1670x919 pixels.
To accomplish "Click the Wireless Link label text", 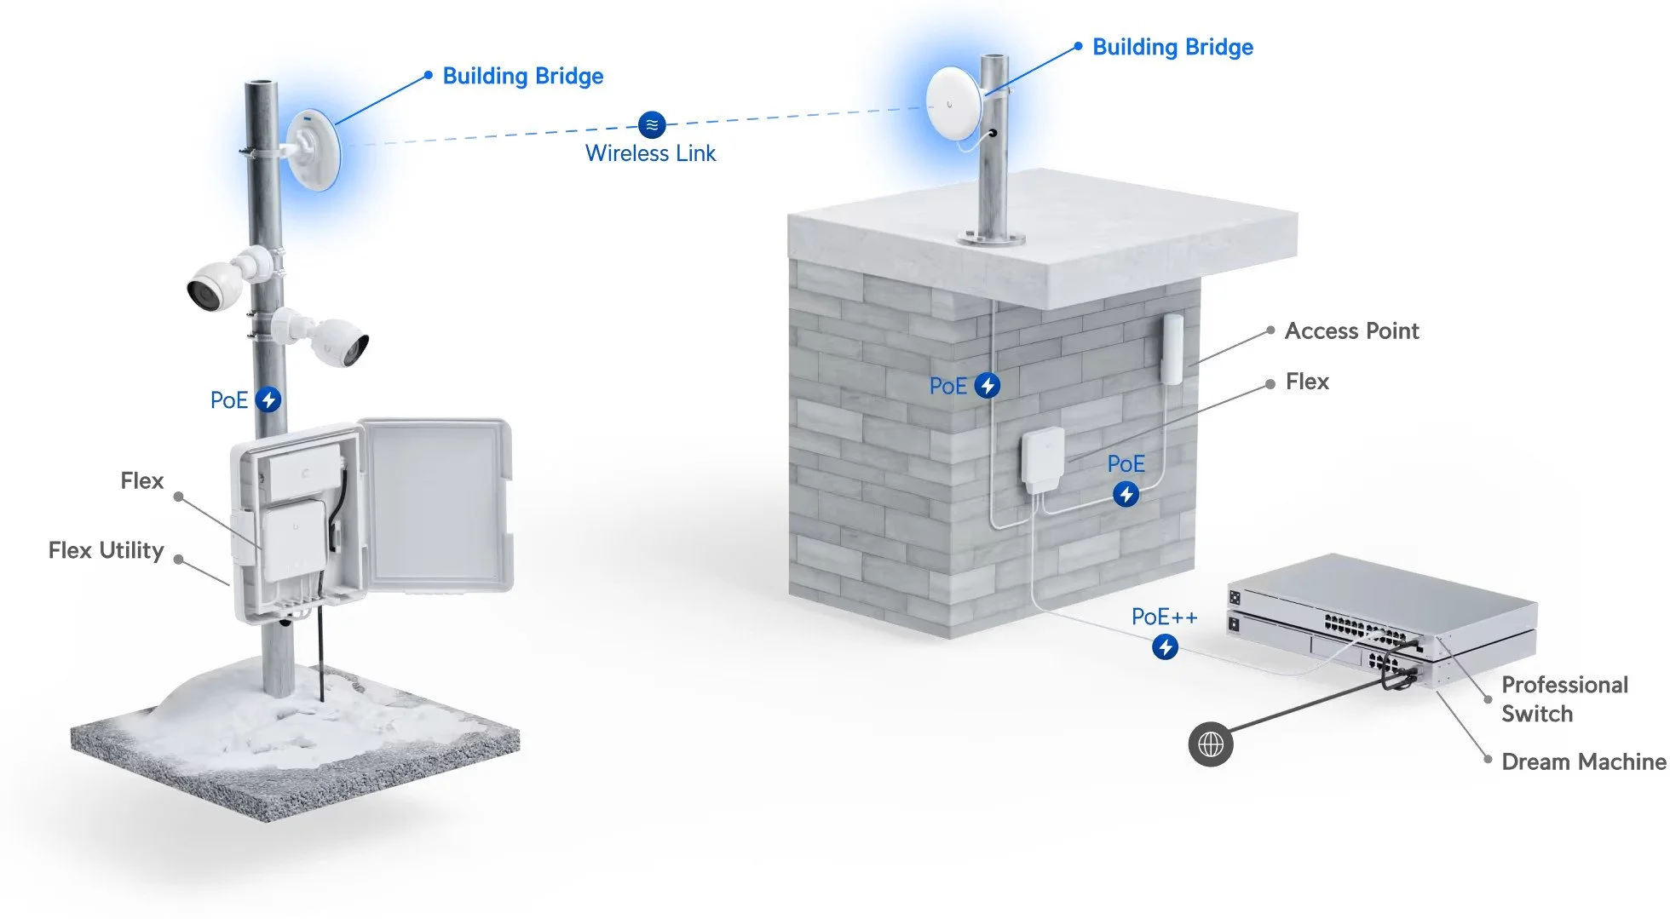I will click(650, 153).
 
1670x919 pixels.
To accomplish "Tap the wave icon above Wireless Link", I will click(652, 124).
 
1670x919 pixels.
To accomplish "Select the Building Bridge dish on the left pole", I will click(314, 151).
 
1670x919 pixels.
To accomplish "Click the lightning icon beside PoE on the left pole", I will click(268, 399).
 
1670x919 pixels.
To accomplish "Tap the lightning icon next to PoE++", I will click(1165, 647).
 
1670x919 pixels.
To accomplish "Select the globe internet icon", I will click(1210, 744).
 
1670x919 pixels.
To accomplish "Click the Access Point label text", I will click(1351, 330).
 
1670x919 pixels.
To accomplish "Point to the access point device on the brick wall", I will click(1172, 349).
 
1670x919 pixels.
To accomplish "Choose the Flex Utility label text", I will click(106, 550).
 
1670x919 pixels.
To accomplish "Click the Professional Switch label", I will click(1563, 698).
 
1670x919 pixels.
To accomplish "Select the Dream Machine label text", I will click(1582, 761).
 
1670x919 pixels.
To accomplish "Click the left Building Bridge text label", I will click(522, 76).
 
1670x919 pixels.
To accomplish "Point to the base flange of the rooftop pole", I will click(992, 238).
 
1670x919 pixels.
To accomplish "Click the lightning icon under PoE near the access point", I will click(1126, 494).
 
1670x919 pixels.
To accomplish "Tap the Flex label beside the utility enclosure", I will click(141, 480).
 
